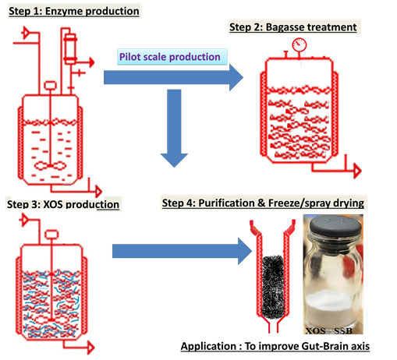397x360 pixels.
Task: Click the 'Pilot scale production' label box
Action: click(x=172, y=57)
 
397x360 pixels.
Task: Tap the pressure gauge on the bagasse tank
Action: click(x=300, y=45)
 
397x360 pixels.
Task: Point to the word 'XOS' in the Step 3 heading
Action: click(x=53, y=204)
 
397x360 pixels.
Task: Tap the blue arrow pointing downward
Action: click(x=174, y=128)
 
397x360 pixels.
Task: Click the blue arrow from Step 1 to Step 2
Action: click(x=173, y=77)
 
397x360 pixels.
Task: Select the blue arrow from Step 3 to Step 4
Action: click(x=182, y=251)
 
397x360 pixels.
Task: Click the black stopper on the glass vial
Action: click(x=335, y=225)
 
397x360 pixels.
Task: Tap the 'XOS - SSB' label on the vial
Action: click(x=329, y=330)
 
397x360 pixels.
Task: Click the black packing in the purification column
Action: click(x=272, y=287)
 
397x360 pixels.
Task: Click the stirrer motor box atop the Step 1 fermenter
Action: click(x=50, y=86)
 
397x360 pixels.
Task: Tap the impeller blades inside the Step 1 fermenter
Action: click(x=50, y=165)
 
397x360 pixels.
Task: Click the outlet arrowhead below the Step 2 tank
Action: click(x=358, y=171)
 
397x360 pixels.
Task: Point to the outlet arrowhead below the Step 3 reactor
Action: click(x=90, y=348)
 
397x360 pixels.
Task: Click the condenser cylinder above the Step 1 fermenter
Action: click(x=70, y=48)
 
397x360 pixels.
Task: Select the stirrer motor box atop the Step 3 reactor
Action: click(x=51, y=235)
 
